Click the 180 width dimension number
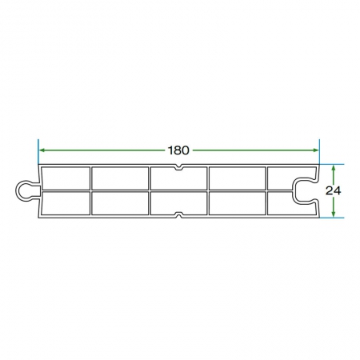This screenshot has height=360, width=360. tap(178, 150)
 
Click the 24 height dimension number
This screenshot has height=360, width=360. tap(333, 190)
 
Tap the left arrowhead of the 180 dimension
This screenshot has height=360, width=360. tap(42, 150)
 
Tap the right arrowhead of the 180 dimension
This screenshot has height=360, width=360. tap(316, 150)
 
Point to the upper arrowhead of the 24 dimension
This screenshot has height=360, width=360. tap(333, 168)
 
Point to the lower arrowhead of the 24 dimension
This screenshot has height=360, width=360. tap(333, 214)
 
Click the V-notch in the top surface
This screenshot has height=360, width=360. tap(178, 168)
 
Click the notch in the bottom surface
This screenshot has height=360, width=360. tap(178, 215)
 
